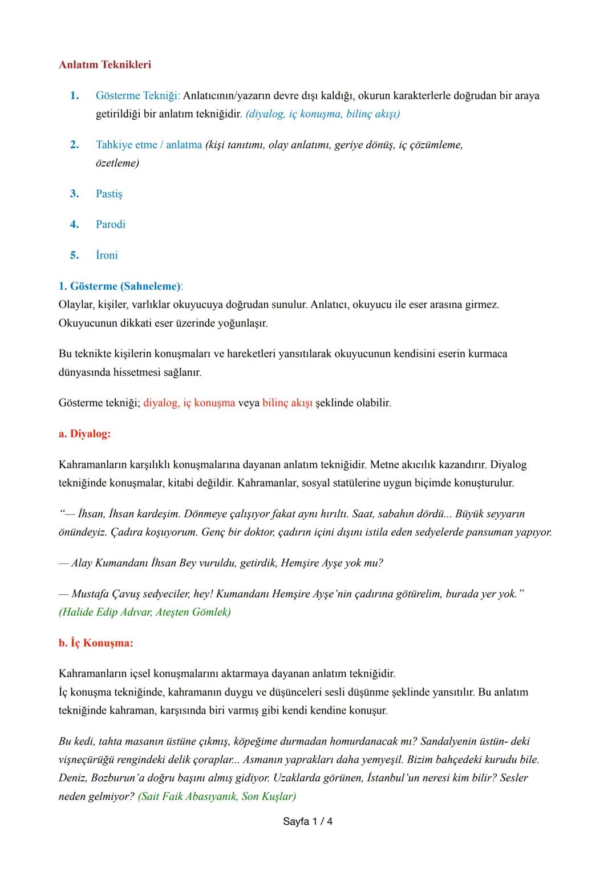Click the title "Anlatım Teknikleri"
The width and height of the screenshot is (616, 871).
[x=105, y=64]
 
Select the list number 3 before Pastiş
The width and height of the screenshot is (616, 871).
[x=74, y=194]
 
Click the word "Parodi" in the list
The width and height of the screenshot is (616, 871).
[x=111, y=224]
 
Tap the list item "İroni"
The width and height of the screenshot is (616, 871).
[x=107, y=255]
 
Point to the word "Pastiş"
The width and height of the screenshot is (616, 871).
[x=109, y=194]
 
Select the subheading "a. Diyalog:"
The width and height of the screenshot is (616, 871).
[x=84, y=434]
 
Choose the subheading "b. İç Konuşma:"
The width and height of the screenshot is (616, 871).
[x=96, y=643]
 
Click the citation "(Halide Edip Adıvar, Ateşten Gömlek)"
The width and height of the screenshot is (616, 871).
[x=145, y=612]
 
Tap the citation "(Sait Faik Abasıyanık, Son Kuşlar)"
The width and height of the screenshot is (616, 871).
[x=217, y=796]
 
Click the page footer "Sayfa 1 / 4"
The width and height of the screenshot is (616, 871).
[x=308, y=821]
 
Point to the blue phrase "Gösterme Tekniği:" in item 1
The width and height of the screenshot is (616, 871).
[x=137, y=95]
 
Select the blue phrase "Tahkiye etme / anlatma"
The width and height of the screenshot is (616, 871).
[x=149, y=145]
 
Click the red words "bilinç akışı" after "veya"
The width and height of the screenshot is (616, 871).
[x=287, y=403]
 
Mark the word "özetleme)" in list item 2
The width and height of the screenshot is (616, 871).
[x=117, y=163]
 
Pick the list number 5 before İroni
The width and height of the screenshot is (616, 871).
[x=74, y=255]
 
